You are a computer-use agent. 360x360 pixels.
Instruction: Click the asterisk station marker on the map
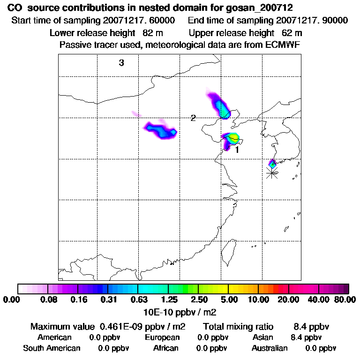pos(271,173)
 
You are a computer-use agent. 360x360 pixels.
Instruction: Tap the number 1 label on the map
pos(237,150)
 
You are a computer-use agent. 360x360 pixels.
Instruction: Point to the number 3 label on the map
pos(121,63)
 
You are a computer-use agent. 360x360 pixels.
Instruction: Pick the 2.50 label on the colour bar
pos(199,300)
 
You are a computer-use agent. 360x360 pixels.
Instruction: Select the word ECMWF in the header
pos(282,45)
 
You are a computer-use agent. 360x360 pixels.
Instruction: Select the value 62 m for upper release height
pos(292,33)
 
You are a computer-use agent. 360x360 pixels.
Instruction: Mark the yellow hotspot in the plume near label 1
pos(233,137)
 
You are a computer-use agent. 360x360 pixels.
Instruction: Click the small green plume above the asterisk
pos(272,164)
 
